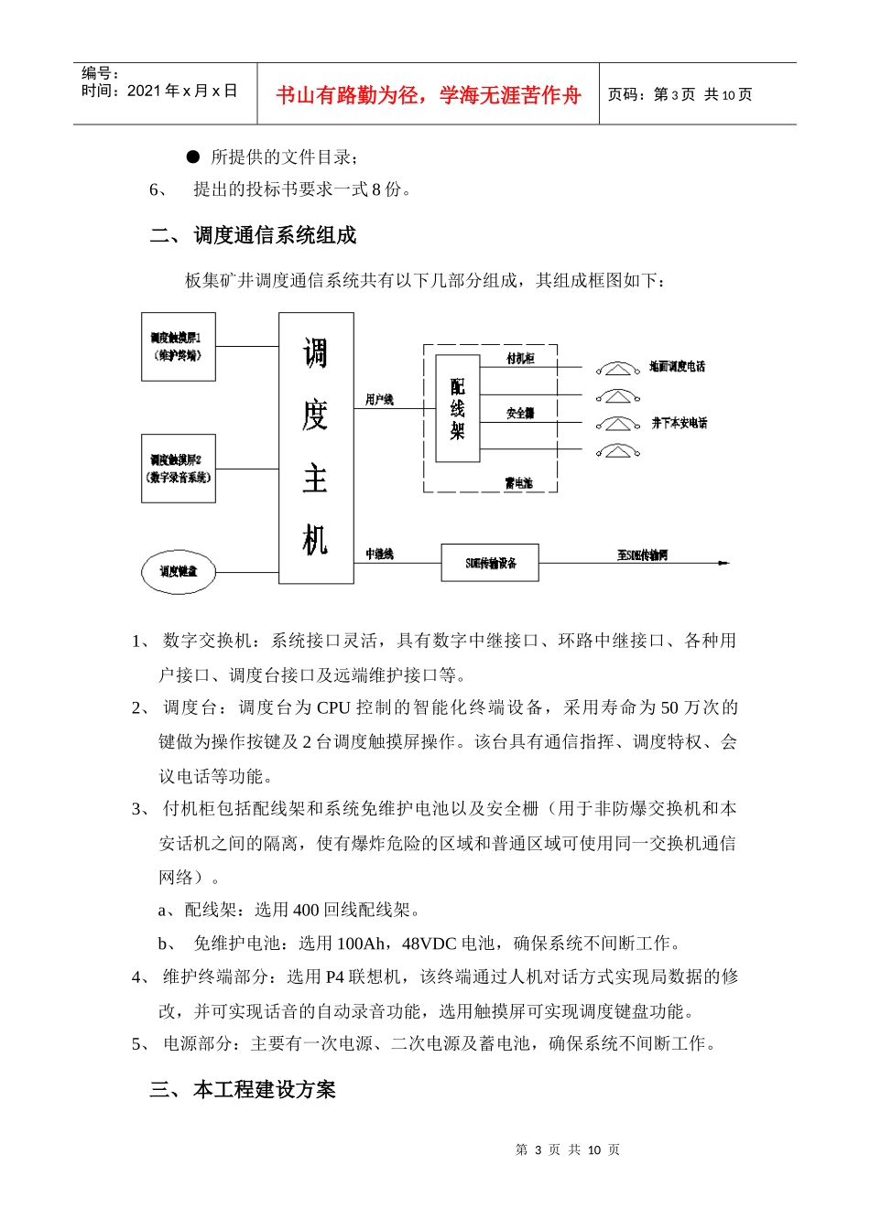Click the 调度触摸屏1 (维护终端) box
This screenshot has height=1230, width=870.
(178, 346)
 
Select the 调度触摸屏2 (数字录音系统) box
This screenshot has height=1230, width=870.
(178, 468)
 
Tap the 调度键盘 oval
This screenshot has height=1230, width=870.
(179, 571)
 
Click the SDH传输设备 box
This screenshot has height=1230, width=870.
(490, 562)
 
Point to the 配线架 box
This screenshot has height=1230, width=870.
(457, 408)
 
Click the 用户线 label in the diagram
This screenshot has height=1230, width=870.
(379, 399)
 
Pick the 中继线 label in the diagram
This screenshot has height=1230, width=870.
(379, 554)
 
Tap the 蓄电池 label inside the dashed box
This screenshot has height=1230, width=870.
(518, 482)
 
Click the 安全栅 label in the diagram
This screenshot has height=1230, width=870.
(520, 413)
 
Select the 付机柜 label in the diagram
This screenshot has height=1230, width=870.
(520, 358)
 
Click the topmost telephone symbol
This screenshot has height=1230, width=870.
(618, 368)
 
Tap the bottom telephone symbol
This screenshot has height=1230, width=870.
(618, 450)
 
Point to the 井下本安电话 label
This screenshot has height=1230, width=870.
(679, 423)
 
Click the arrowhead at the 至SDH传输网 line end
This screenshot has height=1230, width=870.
(724, 562)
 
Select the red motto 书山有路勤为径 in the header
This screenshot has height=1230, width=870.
(428, 95)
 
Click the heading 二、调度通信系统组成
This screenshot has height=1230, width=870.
(253, 235)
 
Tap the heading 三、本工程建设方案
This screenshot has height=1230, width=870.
(243, 1089)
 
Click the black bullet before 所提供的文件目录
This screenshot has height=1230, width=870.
(192, 156)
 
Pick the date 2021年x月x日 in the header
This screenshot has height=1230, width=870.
(182, 91)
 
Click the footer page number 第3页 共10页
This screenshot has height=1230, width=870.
(568, 1149)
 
